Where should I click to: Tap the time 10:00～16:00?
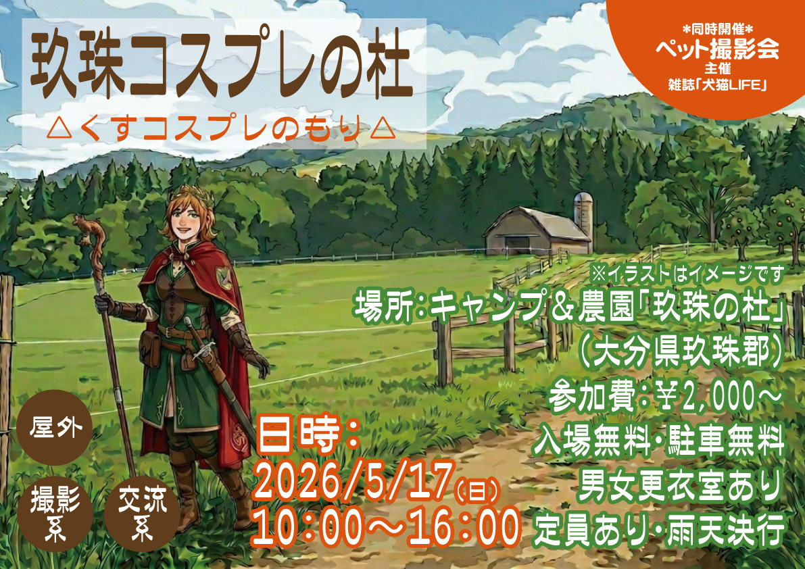pyautogui.click(x=385, y=528)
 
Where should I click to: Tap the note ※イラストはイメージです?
pyautogui.click(x=686, y=275)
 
